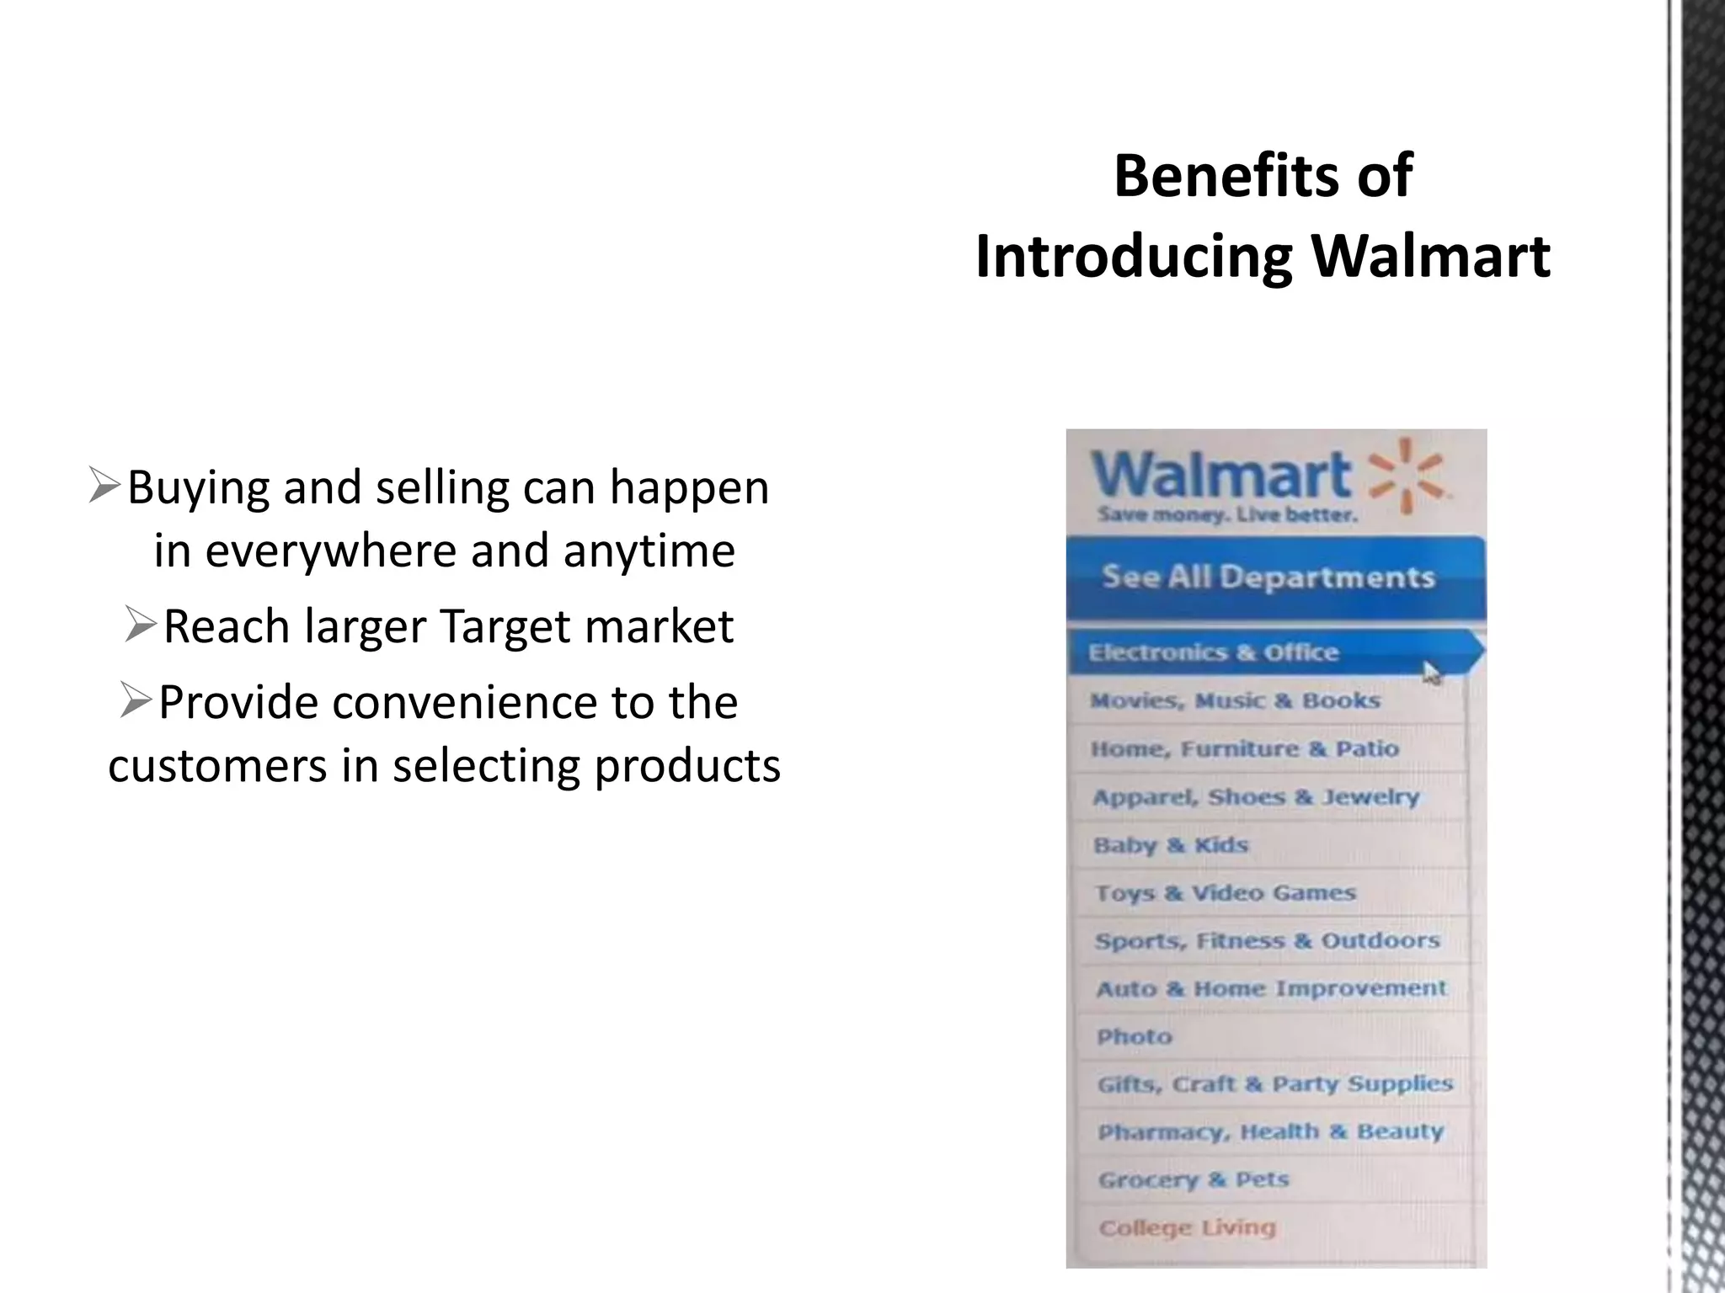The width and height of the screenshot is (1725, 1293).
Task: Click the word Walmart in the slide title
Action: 1431,256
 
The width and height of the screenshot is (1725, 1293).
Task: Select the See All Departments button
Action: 1268,577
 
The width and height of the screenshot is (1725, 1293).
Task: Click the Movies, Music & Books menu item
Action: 1235,701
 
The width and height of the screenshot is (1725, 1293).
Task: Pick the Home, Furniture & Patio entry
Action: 1244,749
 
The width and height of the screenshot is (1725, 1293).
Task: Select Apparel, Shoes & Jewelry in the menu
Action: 1256,797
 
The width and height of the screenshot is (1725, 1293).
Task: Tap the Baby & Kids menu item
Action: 1171,845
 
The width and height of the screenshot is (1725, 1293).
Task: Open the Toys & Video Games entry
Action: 1226,893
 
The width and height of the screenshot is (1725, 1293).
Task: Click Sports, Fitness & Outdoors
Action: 1268,941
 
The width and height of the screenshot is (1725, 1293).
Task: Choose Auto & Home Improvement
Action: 1271,989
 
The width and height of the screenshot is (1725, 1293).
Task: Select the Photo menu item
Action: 1135,1037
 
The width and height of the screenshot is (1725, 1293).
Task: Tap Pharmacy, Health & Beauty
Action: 1270,1132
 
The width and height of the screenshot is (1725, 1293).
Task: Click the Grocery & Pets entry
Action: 1194,1180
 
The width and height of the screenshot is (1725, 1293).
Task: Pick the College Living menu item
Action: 1187,1228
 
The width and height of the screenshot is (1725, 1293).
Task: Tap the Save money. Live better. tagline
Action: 1227,515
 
